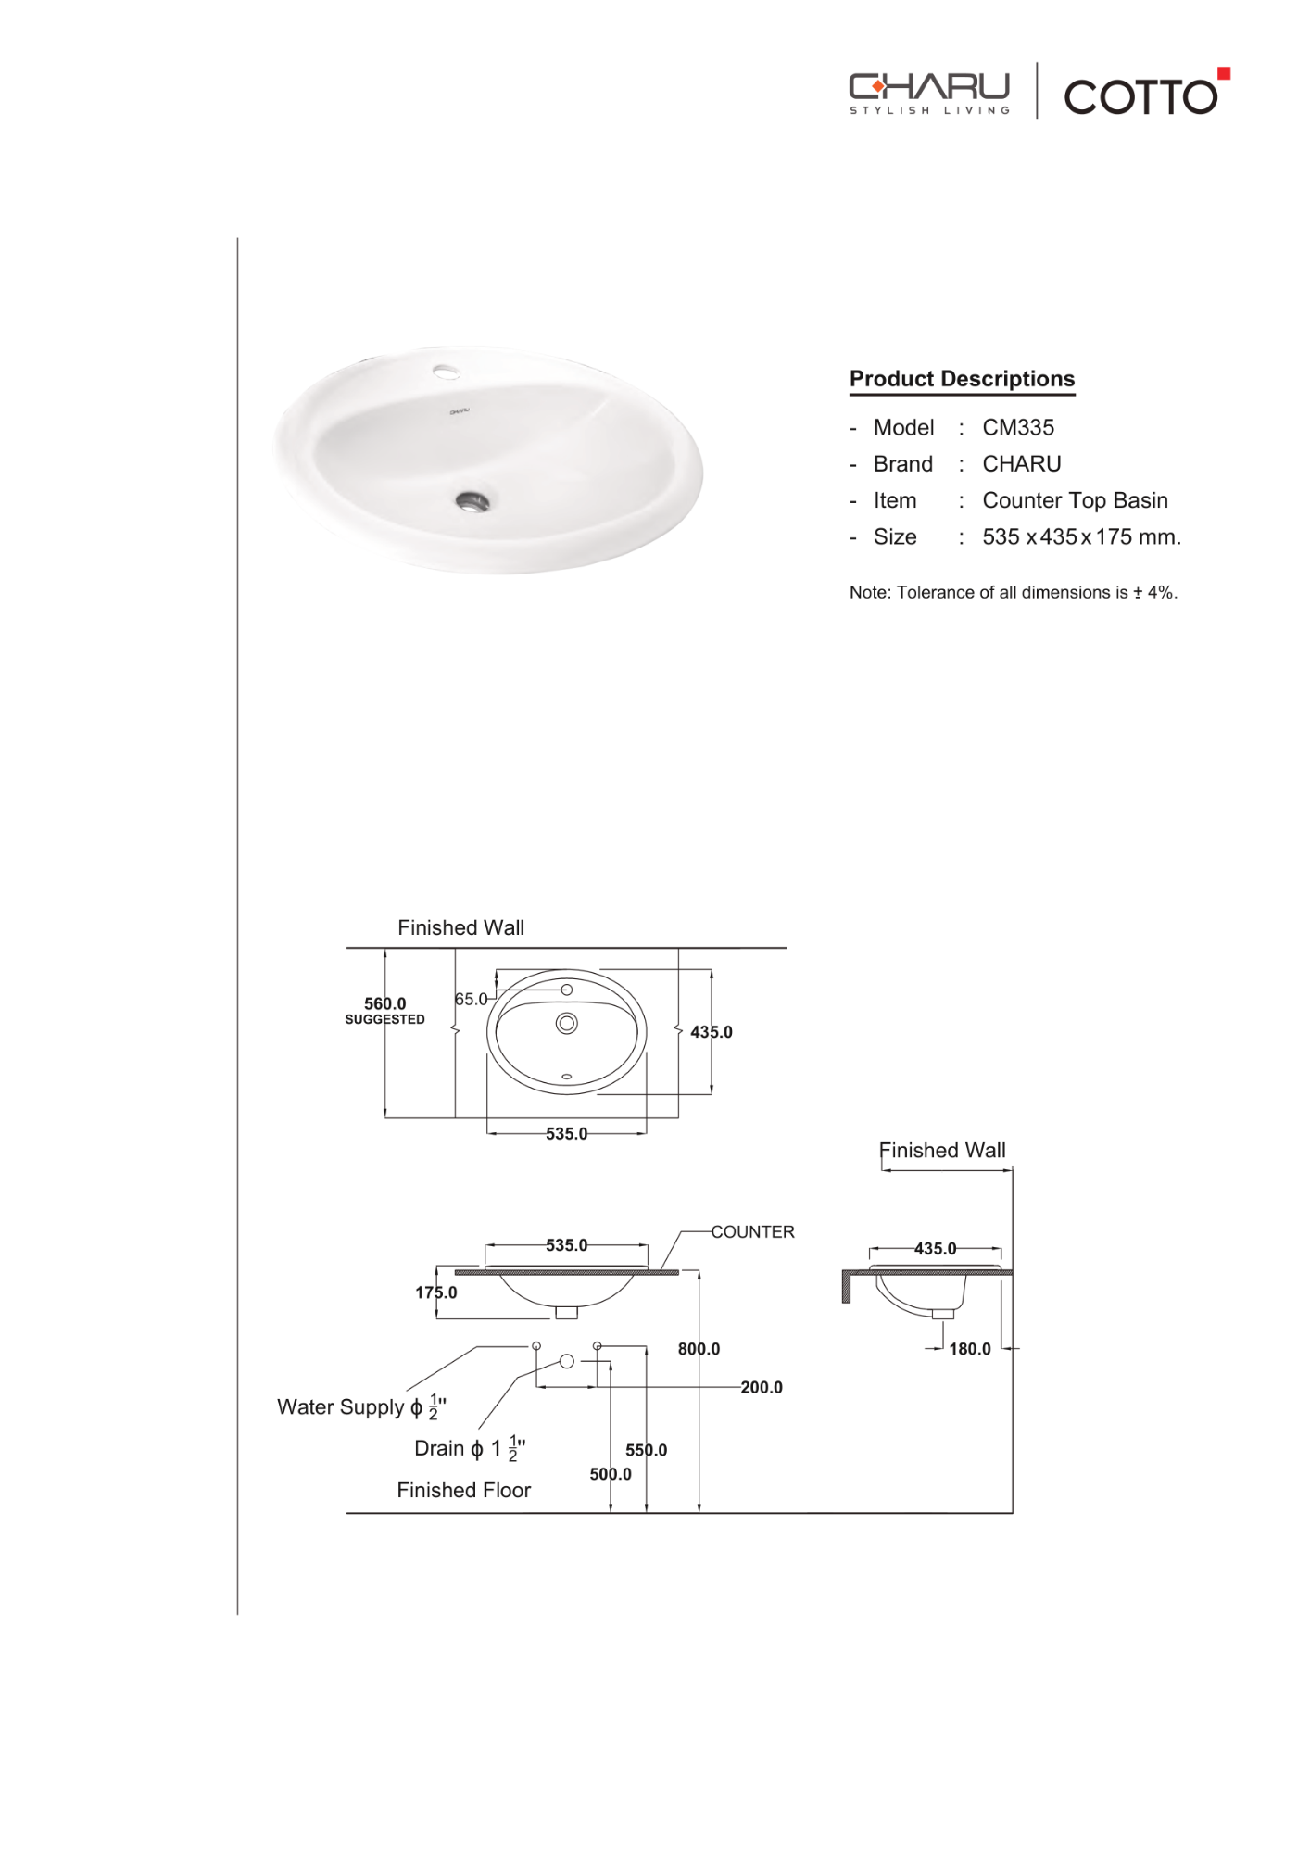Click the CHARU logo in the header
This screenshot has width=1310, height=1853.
(x=928, y=93)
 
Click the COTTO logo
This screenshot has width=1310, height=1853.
(x=1140, y=96)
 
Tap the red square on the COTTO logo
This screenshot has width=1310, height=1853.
(x=1223, y=73)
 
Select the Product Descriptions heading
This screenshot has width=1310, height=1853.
(x=962, y=379)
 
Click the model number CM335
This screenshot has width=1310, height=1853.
(x=1017, y=427)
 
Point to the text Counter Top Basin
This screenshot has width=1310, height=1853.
(x=1075, y=500)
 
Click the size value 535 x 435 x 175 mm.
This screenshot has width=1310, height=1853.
(x=1080, y=536)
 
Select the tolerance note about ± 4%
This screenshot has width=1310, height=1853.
(x=1013, y=592)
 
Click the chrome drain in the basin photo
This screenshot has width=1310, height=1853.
(x=472, y=502)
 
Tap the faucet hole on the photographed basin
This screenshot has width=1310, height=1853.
(x=446, y=372)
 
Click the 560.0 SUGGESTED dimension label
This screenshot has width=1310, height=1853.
(x=384, y=1010)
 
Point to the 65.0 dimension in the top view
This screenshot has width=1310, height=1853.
(x=470, y=999)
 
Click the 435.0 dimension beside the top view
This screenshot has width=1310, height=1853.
(x=711, y=1031)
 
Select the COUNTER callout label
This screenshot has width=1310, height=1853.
(x=752, y=1231)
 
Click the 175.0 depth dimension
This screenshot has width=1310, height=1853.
(x=435, y=1292)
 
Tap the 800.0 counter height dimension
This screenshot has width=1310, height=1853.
(x=699, y=1349)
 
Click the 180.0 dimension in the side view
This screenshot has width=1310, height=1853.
(x=969, y=1349)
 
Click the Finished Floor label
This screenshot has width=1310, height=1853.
(x=463, y=1490)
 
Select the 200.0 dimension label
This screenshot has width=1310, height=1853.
(x=761, y=1387)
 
